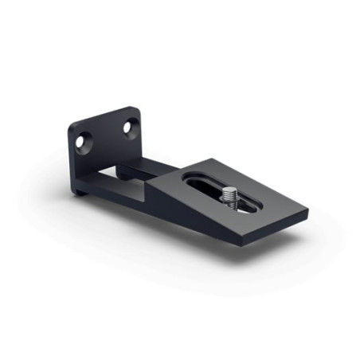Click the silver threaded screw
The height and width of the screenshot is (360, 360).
point(230,195)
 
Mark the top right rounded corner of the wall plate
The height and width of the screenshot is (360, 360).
point(138,111)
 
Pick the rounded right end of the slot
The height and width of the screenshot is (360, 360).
point(256,209)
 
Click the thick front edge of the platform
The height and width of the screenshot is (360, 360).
point(271,230)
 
